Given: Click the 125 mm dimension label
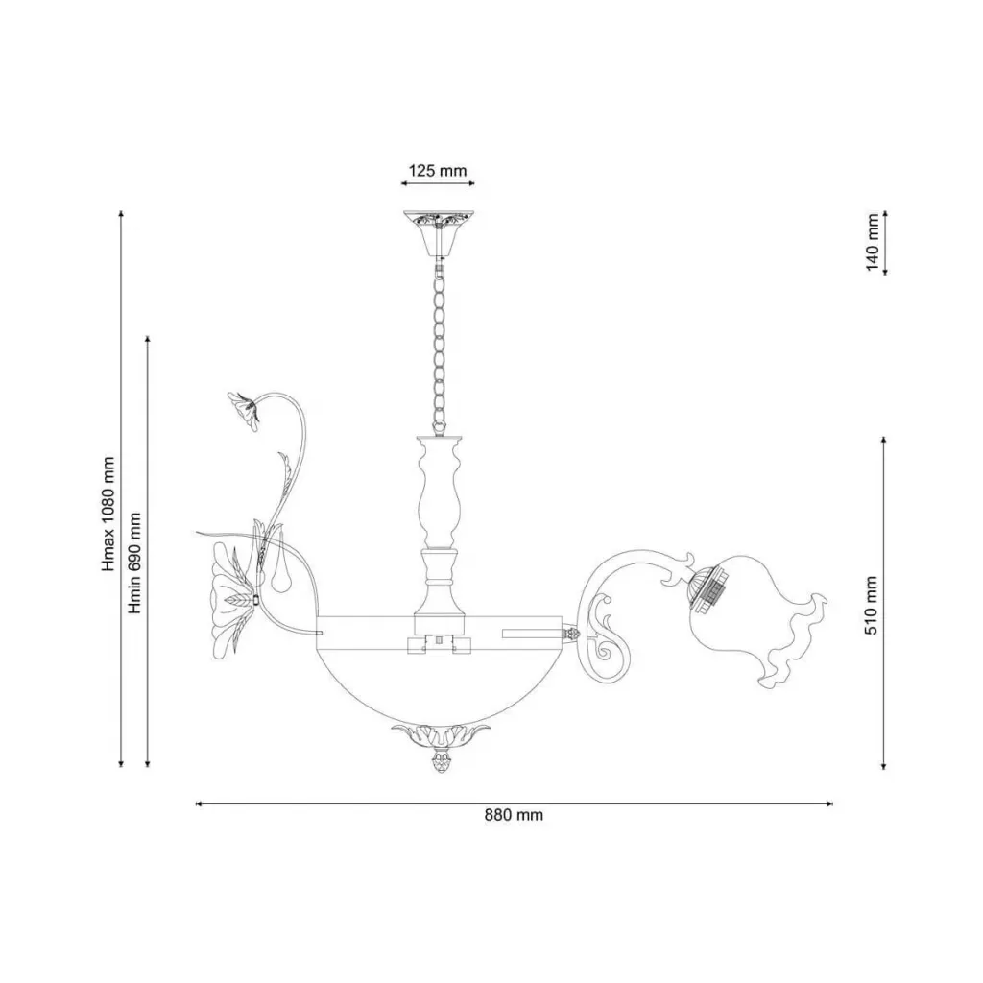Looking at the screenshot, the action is click(438, 171).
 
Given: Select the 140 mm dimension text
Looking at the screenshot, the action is click(873, 242).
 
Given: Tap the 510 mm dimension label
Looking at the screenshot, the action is click(872, 606).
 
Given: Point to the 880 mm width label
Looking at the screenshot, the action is click(514, 815).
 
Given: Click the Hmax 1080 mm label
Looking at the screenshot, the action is click(108, 515).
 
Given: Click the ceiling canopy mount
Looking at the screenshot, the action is click(438, 235).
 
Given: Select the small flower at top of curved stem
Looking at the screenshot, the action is click(243, 409).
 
